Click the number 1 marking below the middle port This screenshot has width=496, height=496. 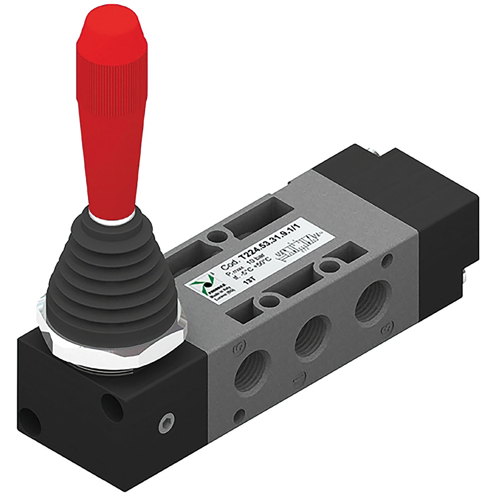coord(299,377)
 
